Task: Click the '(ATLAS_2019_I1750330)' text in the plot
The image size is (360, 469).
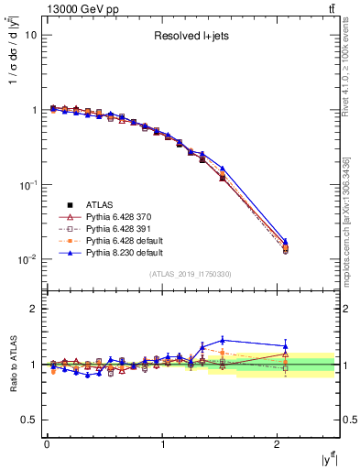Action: coord(191,273)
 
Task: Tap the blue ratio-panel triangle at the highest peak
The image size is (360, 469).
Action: coord(223,340)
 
